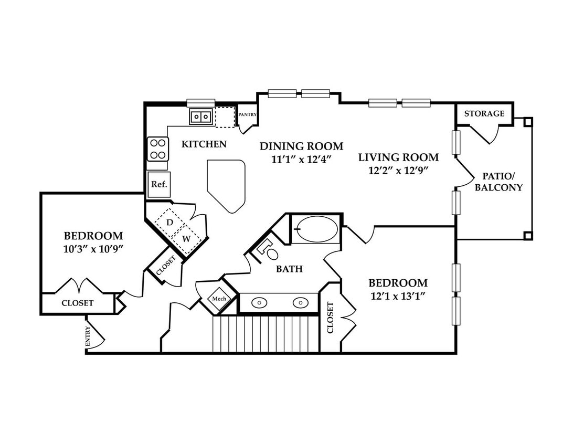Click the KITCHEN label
click(x=204, y=144)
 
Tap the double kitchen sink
click(x=201, y=117)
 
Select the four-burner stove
click(x=158, y=149)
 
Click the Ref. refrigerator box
click(x=159, y=184)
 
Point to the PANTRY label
click(x=247, y=114)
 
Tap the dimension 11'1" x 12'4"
click(x=302, y=160)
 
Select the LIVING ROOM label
click(x=398, y=157)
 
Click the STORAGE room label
click(x=484, y=114)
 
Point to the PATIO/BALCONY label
click(x=498, y=182)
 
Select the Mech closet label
click(x=219, y=299)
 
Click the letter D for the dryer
click(x=169, y=222)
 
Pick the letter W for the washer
click(x=186, y=239)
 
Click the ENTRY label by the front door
click(x=88, y=336)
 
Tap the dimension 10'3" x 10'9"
click(x=93, y=249)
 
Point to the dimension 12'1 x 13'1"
click(x=398, y=296)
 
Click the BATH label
click(x=290, y=269)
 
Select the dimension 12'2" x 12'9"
click(x=398, y=171)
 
